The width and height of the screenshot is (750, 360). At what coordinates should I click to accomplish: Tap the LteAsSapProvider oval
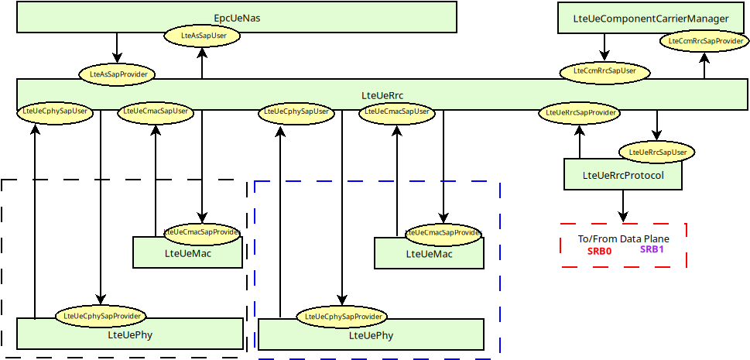[118, 74]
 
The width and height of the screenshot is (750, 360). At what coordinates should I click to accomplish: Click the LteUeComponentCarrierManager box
[650, 18]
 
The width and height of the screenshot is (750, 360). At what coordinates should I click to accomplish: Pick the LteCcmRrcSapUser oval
[604, 71]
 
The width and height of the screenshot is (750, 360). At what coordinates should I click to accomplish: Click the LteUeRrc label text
[382, 95]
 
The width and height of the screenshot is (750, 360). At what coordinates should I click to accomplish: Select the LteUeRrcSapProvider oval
[580, 113]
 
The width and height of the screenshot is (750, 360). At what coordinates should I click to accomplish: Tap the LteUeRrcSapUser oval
[657, 152]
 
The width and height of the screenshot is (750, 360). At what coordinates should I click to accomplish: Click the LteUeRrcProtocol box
[623, 176]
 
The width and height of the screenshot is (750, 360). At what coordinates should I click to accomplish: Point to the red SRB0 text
[599, 251]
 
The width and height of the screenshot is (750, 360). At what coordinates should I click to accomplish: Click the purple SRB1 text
[652, 249]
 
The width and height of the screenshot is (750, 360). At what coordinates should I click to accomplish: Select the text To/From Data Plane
[623, 238]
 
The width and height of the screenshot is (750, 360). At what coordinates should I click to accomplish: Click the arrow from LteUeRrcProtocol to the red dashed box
[623, 206]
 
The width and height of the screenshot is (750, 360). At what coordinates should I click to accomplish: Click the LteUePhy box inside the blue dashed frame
[371, 335]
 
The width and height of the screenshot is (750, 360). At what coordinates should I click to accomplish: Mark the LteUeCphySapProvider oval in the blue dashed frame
[341, 317]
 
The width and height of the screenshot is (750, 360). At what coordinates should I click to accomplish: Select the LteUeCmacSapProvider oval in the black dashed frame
[202, 231]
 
